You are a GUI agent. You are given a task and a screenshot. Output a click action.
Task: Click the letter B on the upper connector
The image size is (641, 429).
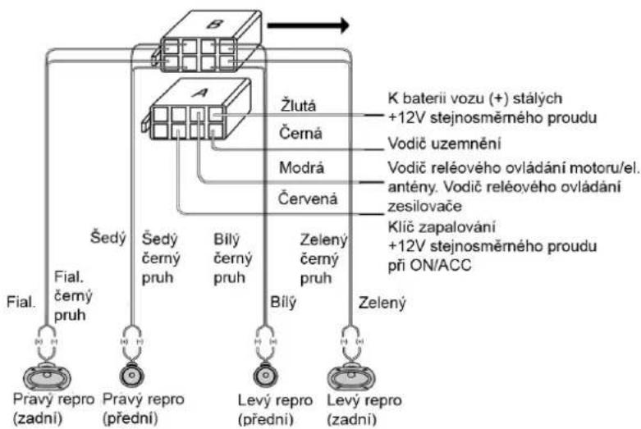click(213, 23)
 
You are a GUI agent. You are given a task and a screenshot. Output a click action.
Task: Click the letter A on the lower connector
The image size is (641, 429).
click(200, 93)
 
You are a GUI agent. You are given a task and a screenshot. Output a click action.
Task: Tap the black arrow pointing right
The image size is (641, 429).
click(308, 25)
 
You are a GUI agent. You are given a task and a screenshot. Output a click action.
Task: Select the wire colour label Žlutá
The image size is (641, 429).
click(298, 106)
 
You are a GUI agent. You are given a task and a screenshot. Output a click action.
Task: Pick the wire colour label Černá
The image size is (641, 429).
click(300, 133)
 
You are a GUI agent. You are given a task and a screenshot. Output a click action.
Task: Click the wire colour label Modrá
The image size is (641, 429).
click(301, 167)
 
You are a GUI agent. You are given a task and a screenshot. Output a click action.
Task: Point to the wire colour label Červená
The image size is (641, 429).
click(308, 199)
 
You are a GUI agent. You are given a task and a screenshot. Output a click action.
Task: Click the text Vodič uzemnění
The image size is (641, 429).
click(444, 144)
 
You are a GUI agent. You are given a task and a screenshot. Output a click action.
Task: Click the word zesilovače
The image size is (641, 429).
click(424, 206)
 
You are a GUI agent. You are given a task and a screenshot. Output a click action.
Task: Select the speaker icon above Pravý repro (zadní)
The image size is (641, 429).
click(47, 377)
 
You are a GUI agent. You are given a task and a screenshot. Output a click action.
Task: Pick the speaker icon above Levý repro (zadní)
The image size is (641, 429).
click(350, 377)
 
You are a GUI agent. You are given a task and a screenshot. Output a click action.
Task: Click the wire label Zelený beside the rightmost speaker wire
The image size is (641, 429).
click(382, 303)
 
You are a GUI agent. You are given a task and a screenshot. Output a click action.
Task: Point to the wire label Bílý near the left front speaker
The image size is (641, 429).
click(283, 303)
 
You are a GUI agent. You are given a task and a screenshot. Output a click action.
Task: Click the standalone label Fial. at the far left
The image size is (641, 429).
click(21, 303)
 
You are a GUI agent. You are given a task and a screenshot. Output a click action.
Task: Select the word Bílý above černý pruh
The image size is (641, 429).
click(227, 240)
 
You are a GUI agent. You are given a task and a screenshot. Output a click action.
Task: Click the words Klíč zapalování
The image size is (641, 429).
click(442, 226)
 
